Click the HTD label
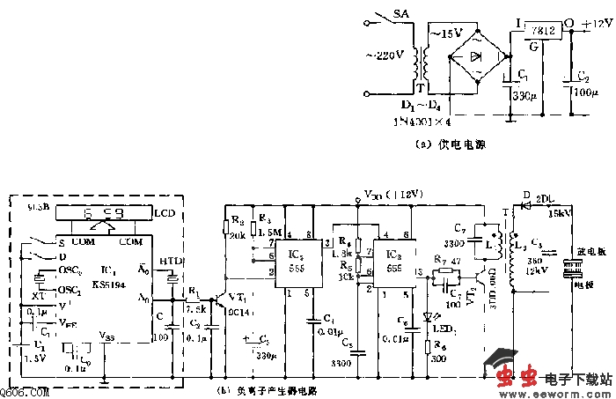(172, 262)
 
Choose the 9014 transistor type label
(240, 311)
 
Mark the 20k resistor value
(236, 237)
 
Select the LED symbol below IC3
(429, 318)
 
